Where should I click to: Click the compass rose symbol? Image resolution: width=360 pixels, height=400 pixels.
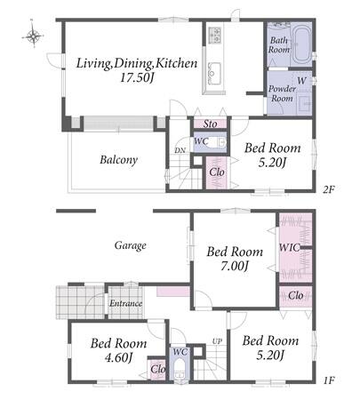tap(33, 36)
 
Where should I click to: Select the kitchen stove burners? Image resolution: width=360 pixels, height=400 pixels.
tap(215, 35)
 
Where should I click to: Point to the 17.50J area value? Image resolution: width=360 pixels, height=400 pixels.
tap(137, 78)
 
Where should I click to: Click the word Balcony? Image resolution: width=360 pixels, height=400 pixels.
tap(119, 160)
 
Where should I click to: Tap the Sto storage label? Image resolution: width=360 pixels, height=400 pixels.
tap(210, 124)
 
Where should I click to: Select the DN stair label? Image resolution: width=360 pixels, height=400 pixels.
tap(180, 150)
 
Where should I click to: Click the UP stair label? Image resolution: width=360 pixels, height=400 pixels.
tap(217, 341)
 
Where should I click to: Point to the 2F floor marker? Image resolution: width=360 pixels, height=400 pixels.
tap(329, 189)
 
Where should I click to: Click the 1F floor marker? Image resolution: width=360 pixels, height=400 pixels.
tap(329, 380)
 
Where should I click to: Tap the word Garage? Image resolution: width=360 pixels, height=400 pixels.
tap(131, 245)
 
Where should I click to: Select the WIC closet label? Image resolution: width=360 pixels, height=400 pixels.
tap(290, 247)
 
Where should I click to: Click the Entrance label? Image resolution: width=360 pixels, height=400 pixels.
tap(126, 303)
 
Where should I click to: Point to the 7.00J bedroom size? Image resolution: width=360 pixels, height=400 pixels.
tap(234, 266)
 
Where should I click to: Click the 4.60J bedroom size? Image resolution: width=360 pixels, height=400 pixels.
tap(118, 357)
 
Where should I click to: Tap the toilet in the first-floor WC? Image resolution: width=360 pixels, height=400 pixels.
tap(179, 370)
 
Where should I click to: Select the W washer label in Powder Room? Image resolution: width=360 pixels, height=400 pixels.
tap(301, 81)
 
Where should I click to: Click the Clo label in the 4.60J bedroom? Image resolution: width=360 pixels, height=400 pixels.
tap(158, 369)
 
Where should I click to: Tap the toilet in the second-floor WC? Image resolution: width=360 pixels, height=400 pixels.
tap(216, 143)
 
